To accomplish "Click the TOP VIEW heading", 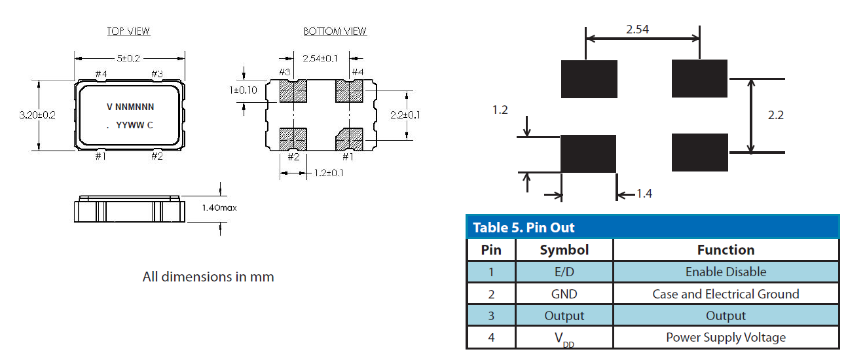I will [128, 31].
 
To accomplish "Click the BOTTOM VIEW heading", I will [335, 31].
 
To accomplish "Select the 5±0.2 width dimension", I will [128, 58].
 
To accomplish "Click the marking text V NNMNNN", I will [130, 106].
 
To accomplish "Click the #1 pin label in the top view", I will [100, 156].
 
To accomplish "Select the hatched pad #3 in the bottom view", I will [293, 91].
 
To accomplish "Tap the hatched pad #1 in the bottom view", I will [350, 139].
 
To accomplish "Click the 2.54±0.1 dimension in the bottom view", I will [320, 58].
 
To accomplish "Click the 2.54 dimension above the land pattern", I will [637, 29].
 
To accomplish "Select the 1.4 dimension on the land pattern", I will [644, 194].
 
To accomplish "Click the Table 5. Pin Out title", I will [524, 228].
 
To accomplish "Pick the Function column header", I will [726, 250].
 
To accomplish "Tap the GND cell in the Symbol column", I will [564, 294].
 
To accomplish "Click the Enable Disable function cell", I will [726, 272].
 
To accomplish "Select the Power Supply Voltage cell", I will [726, 338].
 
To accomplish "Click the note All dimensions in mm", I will [208, 277].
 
